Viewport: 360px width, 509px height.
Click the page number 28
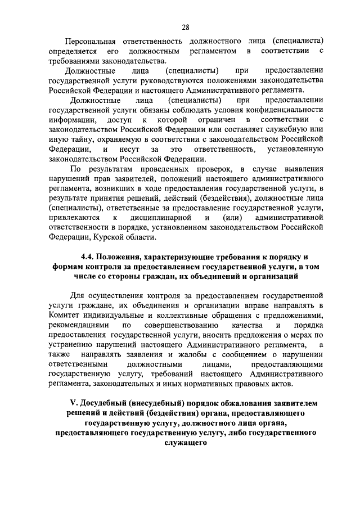click(x=185, y=26)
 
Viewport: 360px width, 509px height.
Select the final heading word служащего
click(x=186, y=443)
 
